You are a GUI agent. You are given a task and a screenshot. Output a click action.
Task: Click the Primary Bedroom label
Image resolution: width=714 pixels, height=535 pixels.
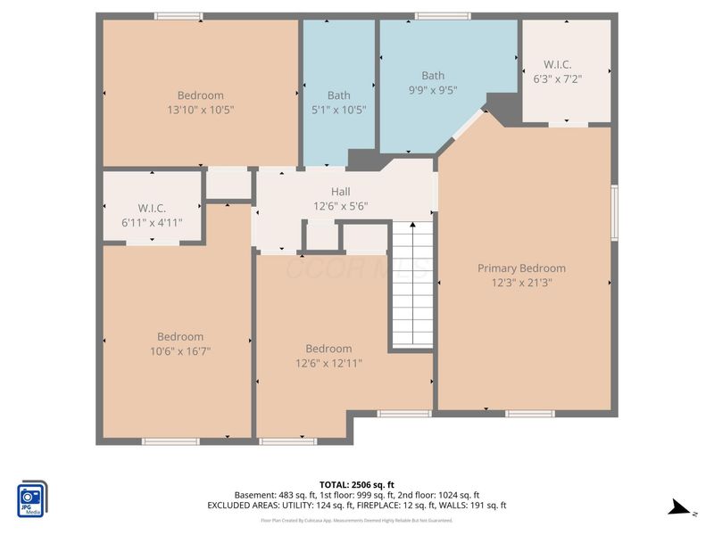click(521, 268)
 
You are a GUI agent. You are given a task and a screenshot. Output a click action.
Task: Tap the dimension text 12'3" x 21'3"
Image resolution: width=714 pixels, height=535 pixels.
click(521, 283)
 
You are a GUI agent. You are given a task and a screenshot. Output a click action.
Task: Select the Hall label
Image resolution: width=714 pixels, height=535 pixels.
click(340, 192)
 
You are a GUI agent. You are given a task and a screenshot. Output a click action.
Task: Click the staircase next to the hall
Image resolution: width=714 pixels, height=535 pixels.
click(411, 285)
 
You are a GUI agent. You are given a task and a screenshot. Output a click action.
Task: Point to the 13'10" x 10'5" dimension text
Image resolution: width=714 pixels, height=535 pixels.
click(200, 110)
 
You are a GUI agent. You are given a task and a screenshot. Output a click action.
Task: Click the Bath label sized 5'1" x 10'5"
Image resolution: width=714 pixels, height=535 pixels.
click(338, 95)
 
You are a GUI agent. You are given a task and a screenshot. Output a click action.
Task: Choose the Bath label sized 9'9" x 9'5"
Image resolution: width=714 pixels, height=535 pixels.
click(433, 76)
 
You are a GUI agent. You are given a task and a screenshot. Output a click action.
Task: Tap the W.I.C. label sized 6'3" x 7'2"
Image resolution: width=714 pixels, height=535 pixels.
click(558, 64)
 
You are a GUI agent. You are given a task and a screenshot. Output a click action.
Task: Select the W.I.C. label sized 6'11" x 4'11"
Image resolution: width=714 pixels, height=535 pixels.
click(143, 209)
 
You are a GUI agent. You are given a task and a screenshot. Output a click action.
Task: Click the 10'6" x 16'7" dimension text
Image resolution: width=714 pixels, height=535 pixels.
click(180, 351)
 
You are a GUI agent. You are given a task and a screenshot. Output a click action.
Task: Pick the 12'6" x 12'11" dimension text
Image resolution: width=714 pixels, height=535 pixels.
click(328, 363)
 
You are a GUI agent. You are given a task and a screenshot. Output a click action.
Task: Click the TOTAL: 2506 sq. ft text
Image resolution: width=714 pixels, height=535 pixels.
click(357, 484)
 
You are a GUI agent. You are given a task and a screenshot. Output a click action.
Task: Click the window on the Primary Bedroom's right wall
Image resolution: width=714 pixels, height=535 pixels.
click(614, 212)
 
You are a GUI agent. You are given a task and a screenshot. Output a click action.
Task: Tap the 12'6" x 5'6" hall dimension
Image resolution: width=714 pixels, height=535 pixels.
click(340, 206)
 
